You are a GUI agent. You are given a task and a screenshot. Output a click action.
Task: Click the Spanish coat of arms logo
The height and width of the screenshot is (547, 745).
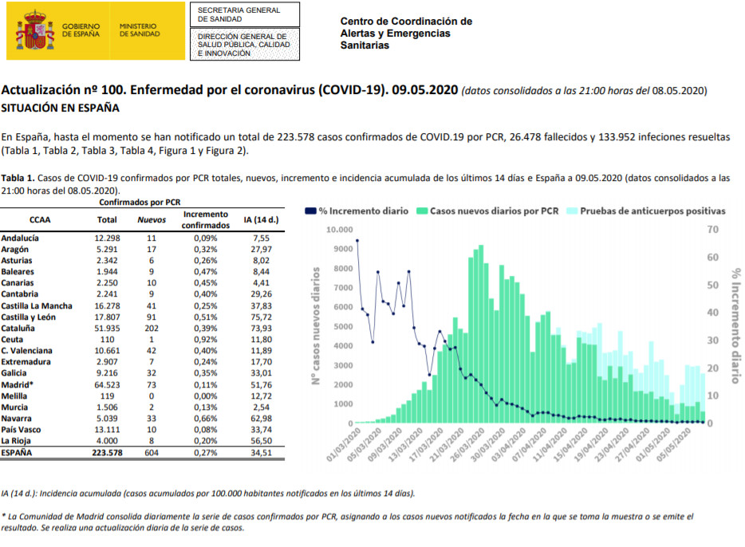pyautogui.click(x=35, y=30)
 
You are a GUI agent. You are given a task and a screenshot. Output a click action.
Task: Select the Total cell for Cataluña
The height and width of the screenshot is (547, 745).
pyautogui.click(x=107, y=328)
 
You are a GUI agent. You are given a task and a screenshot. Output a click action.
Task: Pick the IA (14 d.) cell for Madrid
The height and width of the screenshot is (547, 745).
pyautogui.click(x=255, y=384)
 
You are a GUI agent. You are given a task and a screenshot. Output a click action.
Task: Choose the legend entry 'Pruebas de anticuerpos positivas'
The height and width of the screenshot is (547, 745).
pyautogui.click(x=645, y=211)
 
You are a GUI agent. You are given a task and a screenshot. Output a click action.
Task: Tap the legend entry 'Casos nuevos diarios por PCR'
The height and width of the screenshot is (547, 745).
pyautogui.click(x=487, y=211)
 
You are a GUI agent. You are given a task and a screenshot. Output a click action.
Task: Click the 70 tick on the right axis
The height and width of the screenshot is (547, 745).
pyautogui.click(x=713, y=230)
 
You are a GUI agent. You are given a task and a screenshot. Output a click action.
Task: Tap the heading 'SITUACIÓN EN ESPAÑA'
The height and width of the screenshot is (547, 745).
pyautogui.click(x=61, y=107)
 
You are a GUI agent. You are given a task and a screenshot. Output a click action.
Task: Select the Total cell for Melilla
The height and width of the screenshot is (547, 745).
pyautogui.click(x=107, y=395)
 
